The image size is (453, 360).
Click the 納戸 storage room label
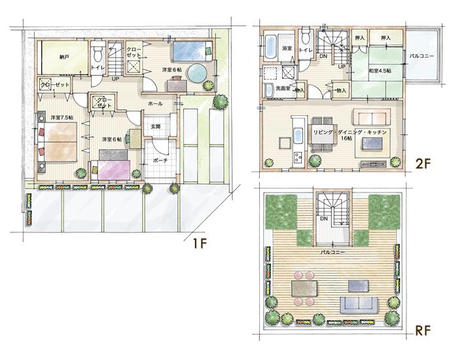point(63,57)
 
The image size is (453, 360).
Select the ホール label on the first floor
point(156,104)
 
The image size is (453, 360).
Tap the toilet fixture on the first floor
point(98,50)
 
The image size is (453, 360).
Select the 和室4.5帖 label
point(380,70)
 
